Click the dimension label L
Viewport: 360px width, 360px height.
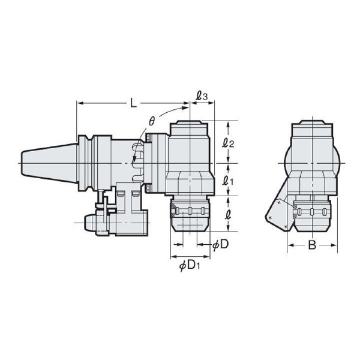click(133, 103)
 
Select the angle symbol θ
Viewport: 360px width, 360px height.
click(152, 122)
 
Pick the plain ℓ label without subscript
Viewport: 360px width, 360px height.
click(227, 214)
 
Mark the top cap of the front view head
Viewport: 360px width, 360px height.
click(311, 129)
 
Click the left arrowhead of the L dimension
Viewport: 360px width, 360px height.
click(79, 103)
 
